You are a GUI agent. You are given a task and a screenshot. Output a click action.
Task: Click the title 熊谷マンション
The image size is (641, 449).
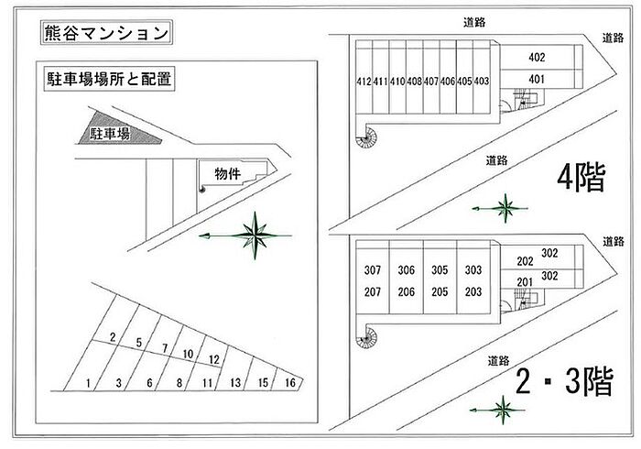(106, 33)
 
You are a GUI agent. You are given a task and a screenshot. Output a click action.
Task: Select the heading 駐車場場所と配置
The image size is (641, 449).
(109, 79)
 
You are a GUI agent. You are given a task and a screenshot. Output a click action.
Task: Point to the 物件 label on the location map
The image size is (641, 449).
(228, 174)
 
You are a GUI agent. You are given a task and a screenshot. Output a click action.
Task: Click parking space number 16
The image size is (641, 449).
(290, 382)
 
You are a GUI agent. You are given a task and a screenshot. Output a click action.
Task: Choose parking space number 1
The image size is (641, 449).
(88, 383)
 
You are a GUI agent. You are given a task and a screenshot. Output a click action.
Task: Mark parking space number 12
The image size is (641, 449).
(214, 359)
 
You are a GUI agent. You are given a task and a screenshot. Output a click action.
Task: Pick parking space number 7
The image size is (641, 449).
(165, 348)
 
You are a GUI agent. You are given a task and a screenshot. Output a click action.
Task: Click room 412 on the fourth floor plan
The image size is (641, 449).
(364, 82)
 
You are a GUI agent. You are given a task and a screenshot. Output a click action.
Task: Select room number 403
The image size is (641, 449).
(481, 82)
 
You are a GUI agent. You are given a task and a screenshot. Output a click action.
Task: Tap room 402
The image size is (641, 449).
(537, 57)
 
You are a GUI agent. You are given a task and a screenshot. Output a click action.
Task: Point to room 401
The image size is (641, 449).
(537, 79)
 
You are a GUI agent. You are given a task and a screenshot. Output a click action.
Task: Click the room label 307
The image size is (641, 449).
(373, 270)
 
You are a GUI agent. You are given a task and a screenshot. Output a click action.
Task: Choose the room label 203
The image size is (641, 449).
(473, 292)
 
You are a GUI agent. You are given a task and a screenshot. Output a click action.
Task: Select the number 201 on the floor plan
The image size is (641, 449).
(525, 282)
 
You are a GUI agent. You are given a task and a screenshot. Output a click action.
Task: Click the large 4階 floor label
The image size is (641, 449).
(581, 178)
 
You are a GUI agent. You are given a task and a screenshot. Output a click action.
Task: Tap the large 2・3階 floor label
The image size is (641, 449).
(565, 381)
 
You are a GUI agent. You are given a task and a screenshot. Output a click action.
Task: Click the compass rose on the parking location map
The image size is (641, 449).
(255, 235)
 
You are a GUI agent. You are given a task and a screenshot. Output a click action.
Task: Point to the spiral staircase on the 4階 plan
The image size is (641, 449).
(366, 137)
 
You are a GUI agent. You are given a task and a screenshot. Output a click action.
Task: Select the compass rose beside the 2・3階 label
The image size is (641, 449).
(502, 410)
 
